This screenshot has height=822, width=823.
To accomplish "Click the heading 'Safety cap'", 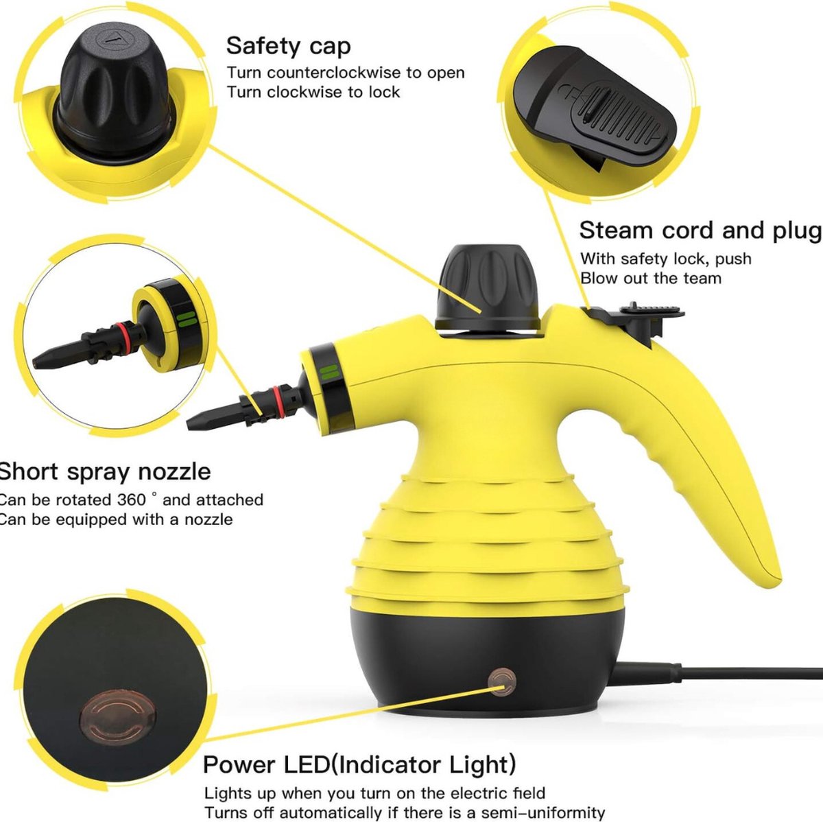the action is click(288, 46).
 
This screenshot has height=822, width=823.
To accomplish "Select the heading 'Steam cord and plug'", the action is click(700, 231).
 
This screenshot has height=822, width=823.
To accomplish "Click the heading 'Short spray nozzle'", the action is click(105, 472).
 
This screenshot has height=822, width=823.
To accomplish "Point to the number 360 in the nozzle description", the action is click(131, 500).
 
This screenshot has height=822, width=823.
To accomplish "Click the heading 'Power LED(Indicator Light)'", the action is click(359, 765).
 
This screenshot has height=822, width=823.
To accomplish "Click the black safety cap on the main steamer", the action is click(487, 289).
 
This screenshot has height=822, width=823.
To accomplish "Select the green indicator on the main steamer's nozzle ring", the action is click(330, 372).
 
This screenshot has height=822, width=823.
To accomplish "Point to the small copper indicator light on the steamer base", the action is click(502, 682).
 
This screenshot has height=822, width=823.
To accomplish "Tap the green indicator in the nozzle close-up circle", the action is click(187, 319).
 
